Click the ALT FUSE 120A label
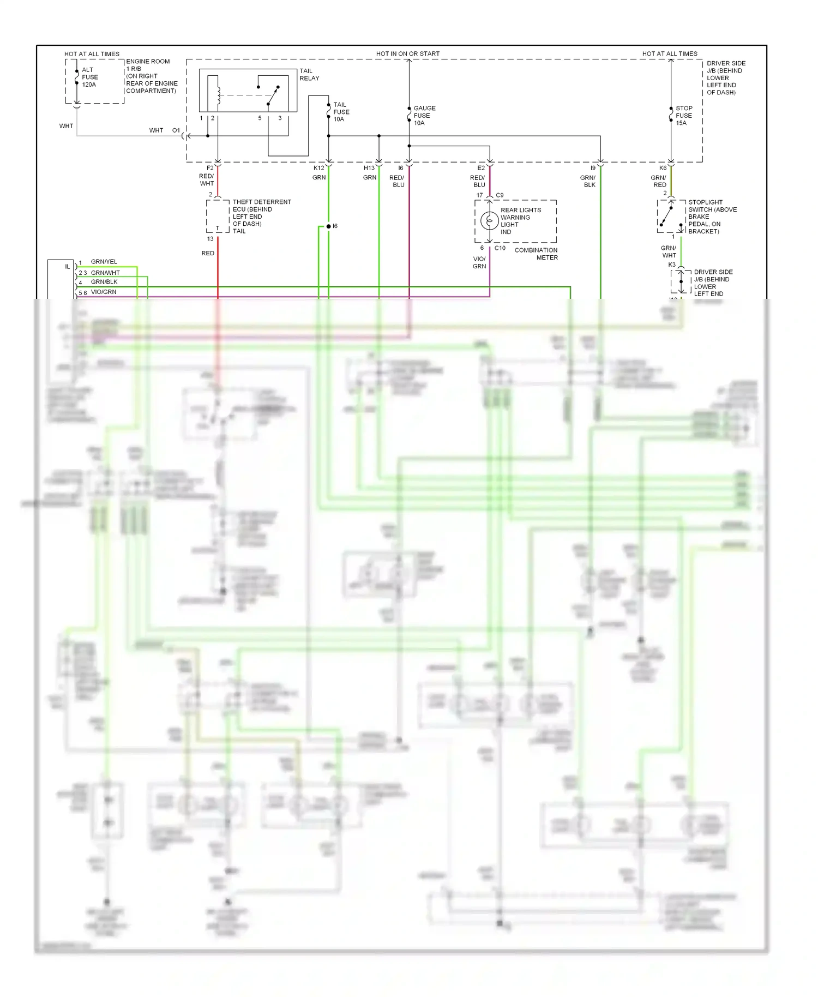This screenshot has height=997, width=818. click(x=89, y=77)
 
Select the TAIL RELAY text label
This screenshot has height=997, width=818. click(x=309, y=75)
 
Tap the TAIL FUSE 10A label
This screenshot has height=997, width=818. click(x=341, y=112)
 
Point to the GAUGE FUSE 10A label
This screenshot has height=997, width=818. click(x=424, y=116)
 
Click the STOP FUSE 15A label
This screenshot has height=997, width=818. click(x=683, y=116)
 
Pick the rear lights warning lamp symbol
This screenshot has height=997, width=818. click(x=489, y=221)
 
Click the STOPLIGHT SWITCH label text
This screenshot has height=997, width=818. click(x=712, y=217)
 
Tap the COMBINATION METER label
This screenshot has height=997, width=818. click(x=536, y=254)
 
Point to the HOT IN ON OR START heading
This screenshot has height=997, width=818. click(x=407, y=53)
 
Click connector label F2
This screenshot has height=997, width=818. click(x=210, y=168)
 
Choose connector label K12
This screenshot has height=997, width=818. click(x=318, y=168)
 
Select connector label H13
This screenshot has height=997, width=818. click(x=369, y=168)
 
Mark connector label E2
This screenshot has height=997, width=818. click(x=480, y=168)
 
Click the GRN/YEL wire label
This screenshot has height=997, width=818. click(x=104, y=262)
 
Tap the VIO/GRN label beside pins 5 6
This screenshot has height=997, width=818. click(x=103, y=292)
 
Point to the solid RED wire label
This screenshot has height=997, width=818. click(x=208, y=253)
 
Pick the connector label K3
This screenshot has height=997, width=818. click(x=671, y=265)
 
